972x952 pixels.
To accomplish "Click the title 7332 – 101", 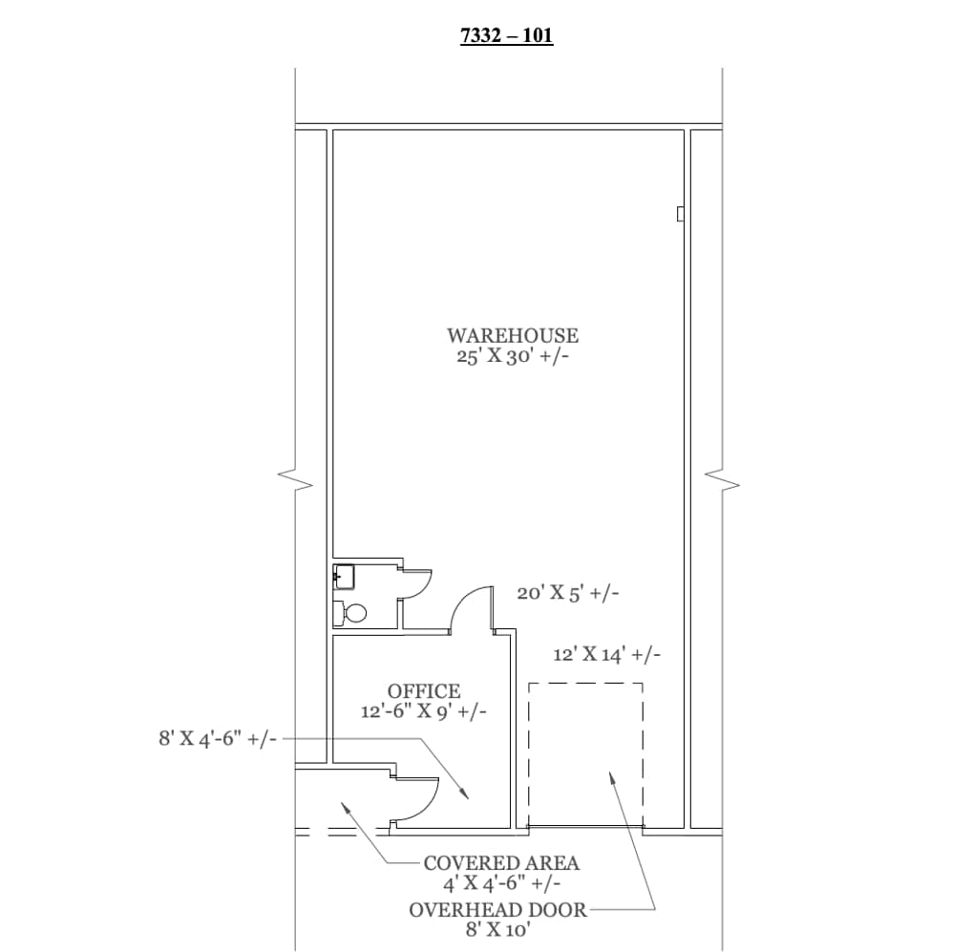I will (506, 37).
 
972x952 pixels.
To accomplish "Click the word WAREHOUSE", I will (513, 335).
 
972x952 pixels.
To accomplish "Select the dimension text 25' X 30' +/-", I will (513, 357).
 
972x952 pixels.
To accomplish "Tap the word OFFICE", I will (424, 690).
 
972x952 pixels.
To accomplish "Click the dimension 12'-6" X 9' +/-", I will (424, 711).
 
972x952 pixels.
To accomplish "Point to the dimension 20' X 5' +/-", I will (568, 593).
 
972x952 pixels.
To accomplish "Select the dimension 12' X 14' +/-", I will (606, 655).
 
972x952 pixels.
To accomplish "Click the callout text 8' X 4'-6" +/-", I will (218, 738).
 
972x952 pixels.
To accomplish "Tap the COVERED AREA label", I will (501, 863).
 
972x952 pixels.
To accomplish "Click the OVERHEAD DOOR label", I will (498, 910).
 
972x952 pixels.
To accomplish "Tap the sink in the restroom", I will (344, 577).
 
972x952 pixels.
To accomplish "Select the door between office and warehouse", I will (472, 609).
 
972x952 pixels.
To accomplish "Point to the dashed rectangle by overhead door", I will (585, 753).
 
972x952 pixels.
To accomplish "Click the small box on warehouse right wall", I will (680, 214).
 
